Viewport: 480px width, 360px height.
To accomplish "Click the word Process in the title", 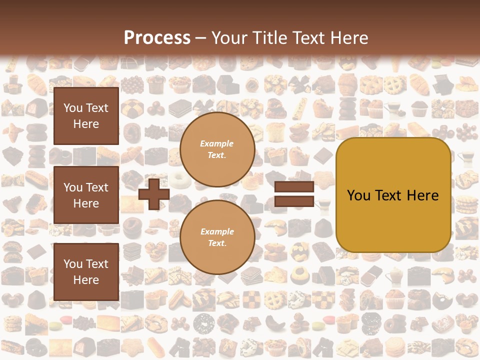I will point(157,37).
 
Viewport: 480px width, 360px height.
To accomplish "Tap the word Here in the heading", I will point(349,37).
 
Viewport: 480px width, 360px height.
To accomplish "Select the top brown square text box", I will point(86,116).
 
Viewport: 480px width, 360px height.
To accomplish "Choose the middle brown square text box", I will point(86,195).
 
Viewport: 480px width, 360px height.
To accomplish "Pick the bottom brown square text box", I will point(86,271).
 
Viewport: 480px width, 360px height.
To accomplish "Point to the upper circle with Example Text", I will point(217,149).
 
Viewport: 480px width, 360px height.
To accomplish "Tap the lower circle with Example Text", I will point(217,237).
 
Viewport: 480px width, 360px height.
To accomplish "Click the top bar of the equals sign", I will point(294,187).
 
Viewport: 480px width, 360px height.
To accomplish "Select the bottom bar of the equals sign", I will point(294,201).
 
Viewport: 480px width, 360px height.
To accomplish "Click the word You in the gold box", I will point(358,195).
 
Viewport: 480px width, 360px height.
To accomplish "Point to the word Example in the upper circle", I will point(217,143).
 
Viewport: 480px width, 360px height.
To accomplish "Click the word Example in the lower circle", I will point(217,231).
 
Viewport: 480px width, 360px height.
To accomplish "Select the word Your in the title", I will point(229,37).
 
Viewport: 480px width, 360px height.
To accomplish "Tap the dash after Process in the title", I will point(201,38).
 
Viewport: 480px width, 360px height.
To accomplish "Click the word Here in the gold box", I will point(422,195).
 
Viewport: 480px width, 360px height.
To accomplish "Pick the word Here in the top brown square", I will point(86,124).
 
